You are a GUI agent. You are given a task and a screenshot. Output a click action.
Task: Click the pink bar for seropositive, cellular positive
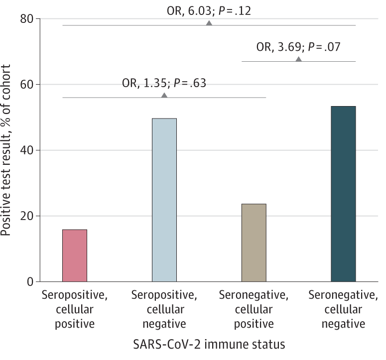pos(75,255)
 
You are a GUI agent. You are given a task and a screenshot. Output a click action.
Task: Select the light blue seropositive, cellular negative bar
pos(164,200)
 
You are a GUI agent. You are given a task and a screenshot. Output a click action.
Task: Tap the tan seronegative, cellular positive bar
pos(254,243)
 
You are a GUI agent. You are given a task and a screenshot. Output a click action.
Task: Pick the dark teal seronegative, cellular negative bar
pos(343,194)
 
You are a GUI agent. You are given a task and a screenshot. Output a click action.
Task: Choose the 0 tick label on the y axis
pos(31,282)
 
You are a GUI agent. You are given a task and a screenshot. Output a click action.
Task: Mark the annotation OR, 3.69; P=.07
pos(299,47)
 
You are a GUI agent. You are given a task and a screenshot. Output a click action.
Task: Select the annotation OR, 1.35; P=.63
pos(164,83)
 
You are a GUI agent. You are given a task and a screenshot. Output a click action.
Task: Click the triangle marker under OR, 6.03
pos(209,23)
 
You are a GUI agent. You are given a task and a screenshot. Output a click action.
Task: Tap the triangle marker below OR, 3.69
pos(299,59)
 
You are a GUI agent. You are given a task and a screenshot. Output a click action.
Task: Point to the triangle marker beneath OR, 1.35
pos(164,95)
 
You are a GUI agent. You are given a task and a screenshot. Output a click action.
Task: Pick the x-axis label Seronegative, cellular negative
pos(343,309)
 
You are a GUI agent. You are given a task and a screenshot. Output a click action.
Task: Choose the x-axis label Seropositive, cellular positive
pos(75,309)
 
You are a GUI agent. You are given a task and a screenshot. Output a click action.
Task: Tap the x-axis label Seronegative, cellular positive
pos(254,309)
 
